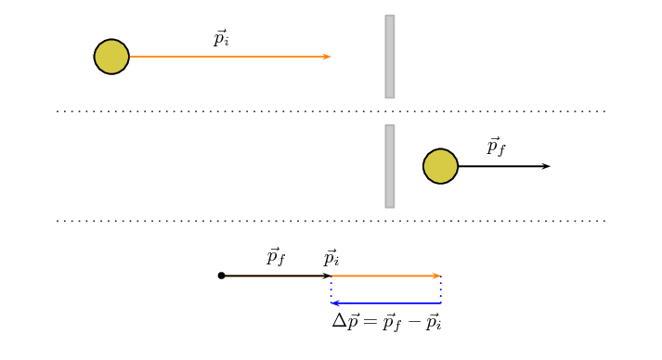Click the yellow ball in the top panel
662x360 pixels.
click(x=111, y=57)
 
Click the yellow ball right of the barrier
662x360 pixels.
click(x=440, y=166)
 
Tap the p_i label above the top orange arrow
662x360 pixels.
click(x=221, y=38)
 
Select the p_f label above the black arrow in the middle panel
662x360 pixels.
click(x=496, y=147)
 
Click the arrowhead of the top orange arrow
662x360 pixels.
click(x=327, y=57)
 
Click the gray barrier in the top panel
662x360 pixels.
click(x=390, y=57)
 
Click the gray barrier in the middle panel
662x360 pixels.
click(x=390, y=166)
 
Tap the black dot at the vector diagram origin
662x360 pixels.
click(x=221, y=276)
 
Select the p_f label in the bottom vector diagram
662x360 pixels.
click(x=276, y=256)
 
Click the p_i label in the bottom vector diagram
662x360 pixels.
click(x=331, y=257)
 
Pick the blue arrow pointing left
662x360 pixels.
click(x=385, y=303)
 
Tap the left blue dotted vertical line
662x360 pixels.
click(x=331, y=289)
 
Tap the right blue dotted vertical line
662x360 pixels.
click(x=440, y=289)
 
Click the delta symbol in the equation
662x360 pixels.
click(x=339, y=322)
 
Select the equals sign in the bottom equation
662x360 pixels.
click(x=370, y=322)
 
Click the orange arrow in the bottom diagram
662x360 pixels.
click(x=385, y=276)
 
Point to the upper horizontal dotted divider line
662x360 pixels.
click(x=331, y=111)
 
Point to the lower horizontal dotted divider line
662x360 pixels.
click(x=331, y=221)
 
